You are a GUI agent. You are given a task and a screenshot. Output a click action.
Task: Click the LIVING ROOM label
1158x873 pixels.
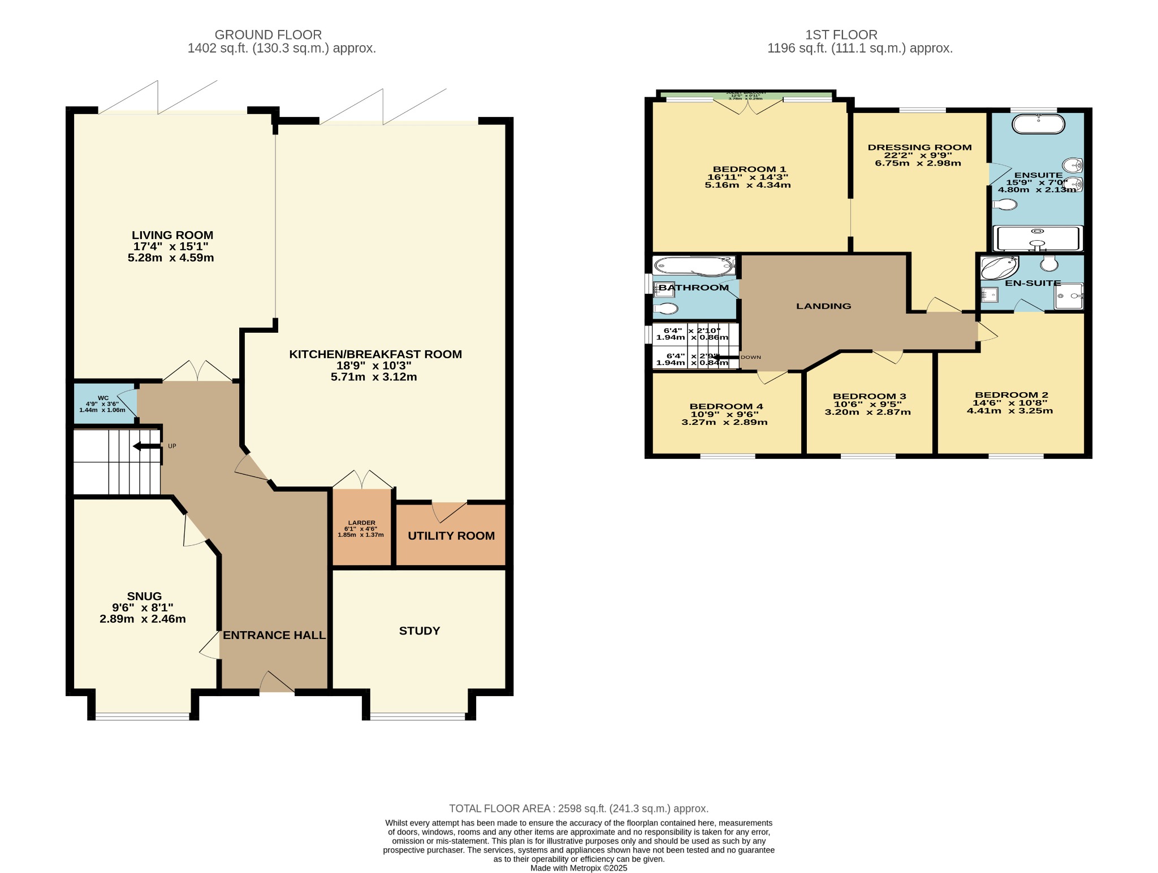click(172, 235)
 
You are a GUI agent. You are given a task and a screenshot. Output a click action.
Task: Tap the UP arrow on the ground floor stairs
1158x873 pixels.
click(146, 446)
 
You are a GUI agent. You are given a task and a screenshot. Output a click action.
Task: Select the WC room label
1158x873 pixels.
click(103, 398)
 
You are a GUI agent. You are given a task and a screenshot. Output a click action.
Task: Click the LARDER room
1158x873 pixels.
click(361, 528)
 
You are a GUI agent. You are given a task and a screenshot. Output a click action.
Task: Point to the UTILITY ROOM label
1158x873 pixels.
click(451, 536)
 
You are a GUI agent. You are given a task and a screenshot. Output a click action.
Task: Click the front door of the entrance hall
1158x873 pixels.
click(276, 683)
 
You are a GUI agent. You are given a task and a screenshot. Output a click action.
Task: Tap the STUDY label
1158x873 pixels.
click(419, 631)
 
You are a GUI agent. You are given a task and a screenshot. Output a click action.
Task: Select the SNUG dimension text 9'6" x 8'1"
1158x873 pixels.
click(142, 607)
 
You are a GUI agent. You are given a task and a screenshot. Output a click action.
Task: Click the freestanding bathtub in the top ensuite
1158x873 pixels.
click(1038, 124)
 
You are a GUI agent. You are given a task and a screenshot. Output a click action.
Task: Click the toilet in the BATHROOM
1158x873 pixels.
click(666, 309)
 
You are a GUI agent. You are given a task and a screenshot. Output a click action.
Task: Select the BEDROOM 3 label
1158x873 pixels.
click(869, 396)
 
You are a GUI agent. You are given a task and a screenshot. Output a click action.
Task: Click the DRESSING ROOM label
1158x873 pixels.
click(919, 147)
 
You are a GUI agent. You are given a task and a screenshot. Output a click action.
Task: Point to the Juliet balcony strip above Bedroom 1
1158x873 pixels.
click(746, 94)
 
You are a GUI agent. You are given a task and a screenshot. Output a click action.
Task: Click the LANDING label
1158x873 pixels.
click(823, 306)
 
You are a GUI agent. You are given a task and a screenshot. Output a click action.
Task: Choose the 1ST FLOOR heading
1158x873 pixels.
click(841, 35)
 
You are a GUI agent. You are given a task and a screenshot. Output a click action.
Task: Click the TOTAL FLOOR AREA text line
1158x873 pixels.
click(578, 809)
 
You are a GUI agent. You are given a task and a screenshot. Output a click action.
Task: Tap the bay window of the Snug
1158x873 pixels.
click(142, 716)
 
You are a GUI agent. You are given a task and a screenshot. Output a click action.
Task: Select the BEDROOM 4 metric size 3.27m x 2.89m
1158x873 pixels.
click(724, 422)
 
